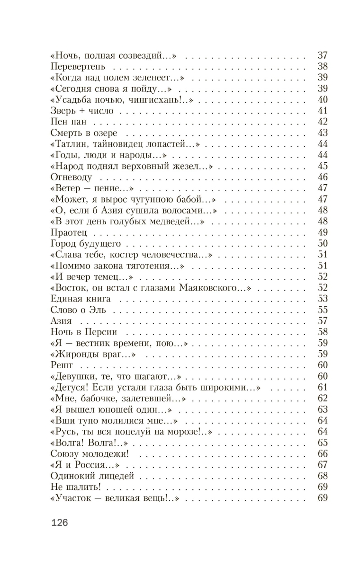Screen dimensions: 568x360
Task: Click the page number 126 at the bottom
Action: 59,524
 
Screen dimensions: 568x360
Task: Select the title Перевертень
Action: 77,66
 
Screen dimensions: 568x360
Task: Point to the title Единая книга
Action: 80,299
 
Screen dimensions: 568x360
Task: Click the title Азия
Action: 61,321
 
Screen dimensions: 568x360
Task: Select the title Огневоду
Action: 71,177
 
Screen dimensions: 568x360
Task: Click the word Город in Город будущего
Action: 62,244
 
